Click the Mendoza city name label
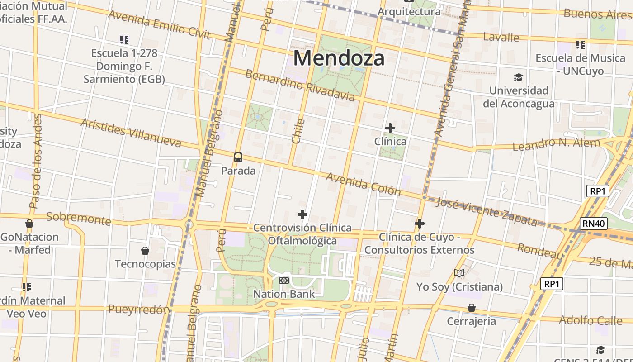[339, 58]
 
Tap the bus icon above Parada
[238, 157]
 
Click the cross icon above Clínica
[390, 128]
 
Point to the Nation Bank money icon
[284, 281]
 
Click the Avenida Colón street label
[363, 183]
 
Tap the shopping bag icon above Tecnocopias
[145, 251]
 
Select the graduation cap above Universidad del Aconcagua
[518, 77]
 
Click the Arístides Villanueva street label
[131, 133]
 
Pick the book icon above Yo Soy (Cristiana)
[459, 273]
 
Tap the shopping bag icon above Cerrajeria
[472, 308]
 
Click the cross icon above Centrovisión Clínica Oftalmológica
[302, 214]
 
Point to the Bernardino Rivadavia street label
[300, 85]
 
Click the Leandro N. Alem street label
[556, 144]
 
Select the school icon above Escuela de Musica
[581, 45]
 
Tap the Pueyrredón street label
[139, 309]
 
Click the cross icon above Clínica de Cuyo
[420, 223]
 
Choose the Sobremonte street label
[79, 218]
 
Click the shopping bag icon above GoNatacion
[29, 224]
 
